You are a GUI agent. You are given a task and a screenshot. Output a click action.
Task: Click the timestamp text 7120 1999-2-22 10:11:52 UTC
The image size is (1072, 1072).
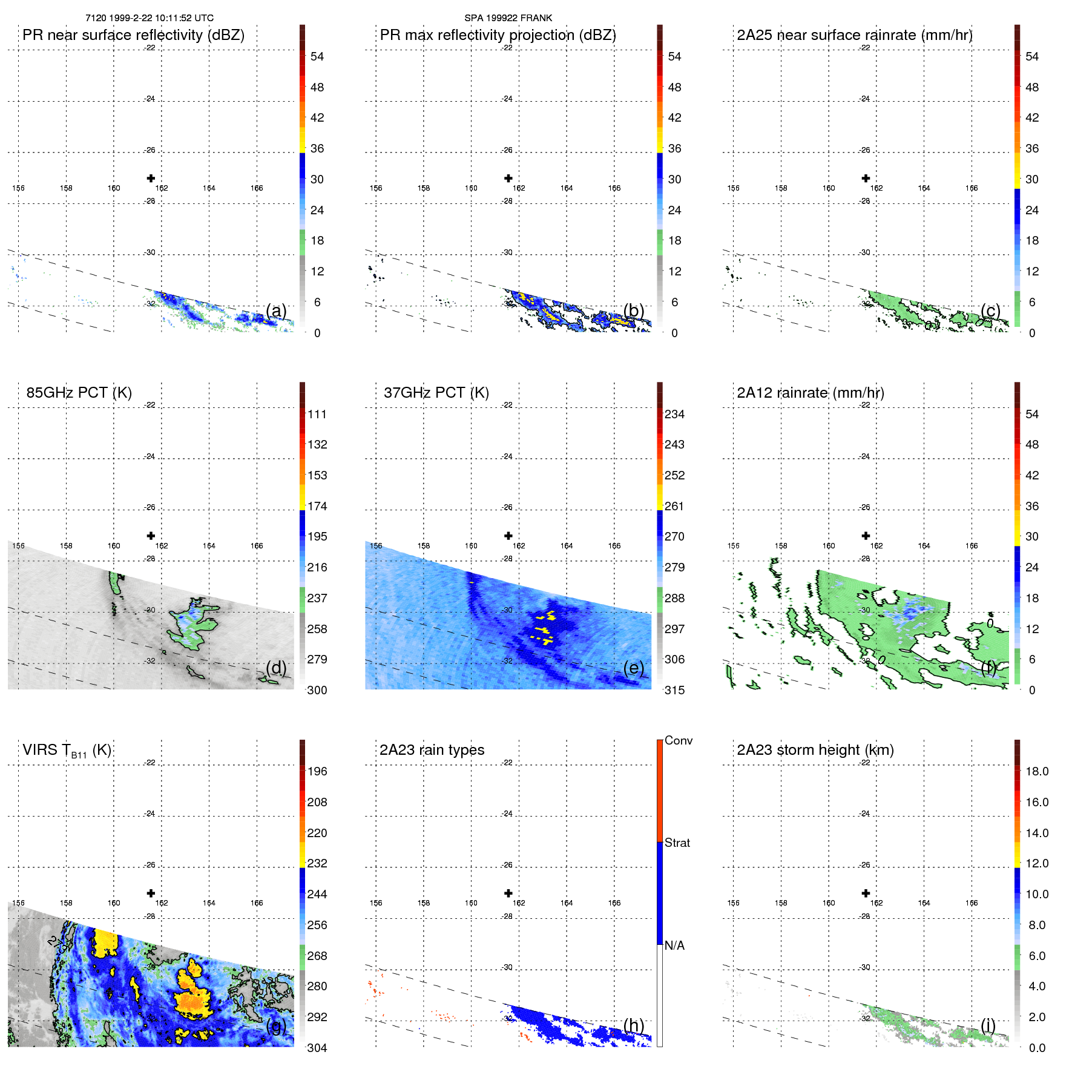pos(150,18)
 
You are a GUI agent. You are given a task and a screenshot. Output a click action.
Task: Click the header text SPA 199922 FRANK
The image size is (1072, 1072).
pos(508,18)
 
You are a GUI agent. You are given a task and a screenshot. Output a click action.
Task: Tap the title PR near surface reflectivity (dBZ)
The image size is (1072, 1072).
pos(133,35)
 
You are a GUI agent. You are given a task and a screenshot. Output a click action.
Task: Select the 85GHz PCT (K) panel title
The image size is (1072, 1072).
pos(79,393)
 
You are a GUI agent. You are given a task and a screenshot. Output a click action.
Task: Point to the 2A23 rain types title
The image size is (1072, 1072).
pos(432,750)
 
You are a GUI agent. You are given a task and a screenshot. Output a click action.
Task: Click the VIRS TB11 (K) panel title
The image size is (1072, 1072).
pos(67,751)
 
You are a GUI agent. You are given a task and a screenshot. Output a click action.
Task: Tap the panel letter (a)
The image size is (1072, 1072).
pos(276,311)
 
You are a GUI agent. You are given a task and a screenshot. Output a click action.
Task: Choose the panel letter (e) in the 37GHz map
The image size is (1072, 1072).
pos(633,668)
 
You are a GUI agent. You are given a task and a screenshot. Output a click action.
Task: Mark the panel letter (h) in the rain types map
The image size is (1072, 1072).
pos(633,1025)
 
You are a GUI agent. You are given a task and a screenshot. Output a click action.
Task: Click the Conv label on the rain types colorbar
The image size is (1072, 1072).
pos(678,740)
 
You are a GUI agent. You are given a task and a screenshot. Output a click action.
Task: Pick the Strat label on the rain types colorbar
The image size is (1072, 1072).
pos(677,843)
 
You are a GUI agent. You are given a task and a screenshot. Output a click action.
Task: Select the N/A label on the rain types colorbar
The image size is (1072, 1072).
pos(674,945)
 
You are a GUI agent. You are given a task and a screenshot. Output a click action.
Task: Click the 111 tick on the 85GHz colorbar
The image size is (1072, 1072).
pos(317,414)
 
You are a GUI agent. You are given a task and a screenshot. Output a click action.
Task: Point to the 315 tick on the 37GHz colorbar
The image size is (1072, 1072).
pos(674,690)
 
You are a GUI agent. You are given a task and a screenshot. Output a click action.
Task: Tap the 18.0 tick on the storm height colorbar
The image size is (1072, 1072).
pos(1036,771)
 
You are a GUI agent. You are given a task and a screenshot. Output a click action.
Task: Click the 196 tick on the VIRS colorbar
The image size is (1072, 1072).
pos(317,771)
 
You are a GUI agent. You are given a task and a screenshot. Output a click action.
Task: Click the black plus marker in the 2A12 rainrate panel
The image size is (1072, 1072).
pos(866,536)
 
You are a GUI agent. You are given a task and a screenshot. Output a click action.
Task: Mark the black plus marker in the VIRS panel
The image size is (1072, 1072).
pos(151,893)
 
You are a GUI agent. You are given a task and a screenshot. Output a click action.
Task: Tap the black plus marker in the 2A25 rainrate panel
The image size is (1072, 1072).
pos(866,178)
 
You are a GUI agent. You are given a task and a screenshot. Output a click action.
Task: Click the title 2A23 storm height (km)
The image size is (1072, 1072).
pos(815,750)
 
